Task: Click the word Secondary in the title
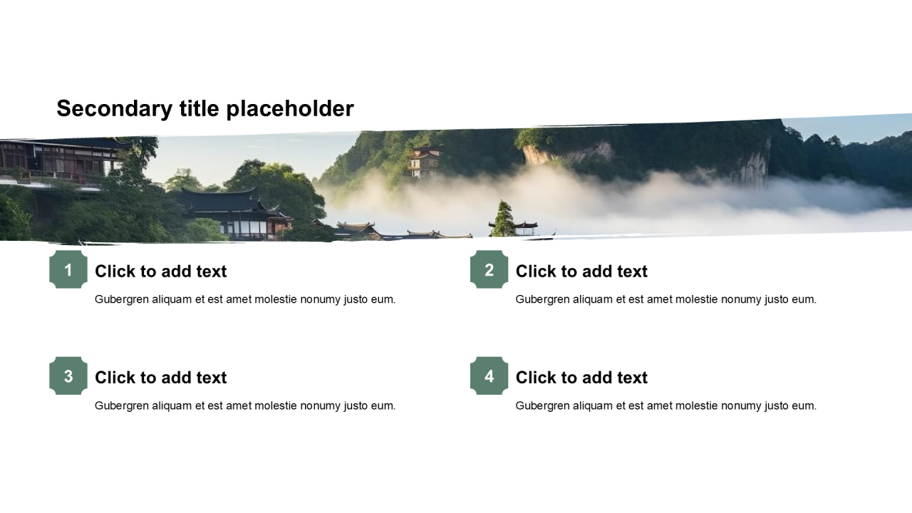[115, 109]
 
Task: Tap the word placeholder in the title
[290, 109]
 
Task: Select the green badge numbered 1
[68, 269]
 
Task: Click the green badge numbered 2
[489, 269]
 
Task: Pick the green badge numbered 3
[68, 375]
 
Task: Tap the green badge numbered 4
[489, 375]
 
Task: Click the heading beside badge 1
[161, 271]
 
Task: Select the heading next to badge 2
[581, 271]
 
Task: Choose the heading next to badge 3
[161, 378]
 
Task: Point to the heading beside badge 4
[581, 378]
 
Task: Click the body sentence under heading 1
[245, 300]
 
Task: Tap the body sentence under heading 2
[666, 300]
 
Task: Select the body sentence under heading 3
[245, 406]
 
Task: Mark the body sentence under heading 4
[666, 406]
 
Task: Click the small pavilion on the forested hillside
[423, 162]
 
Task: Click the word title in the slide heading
[199, 109]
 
